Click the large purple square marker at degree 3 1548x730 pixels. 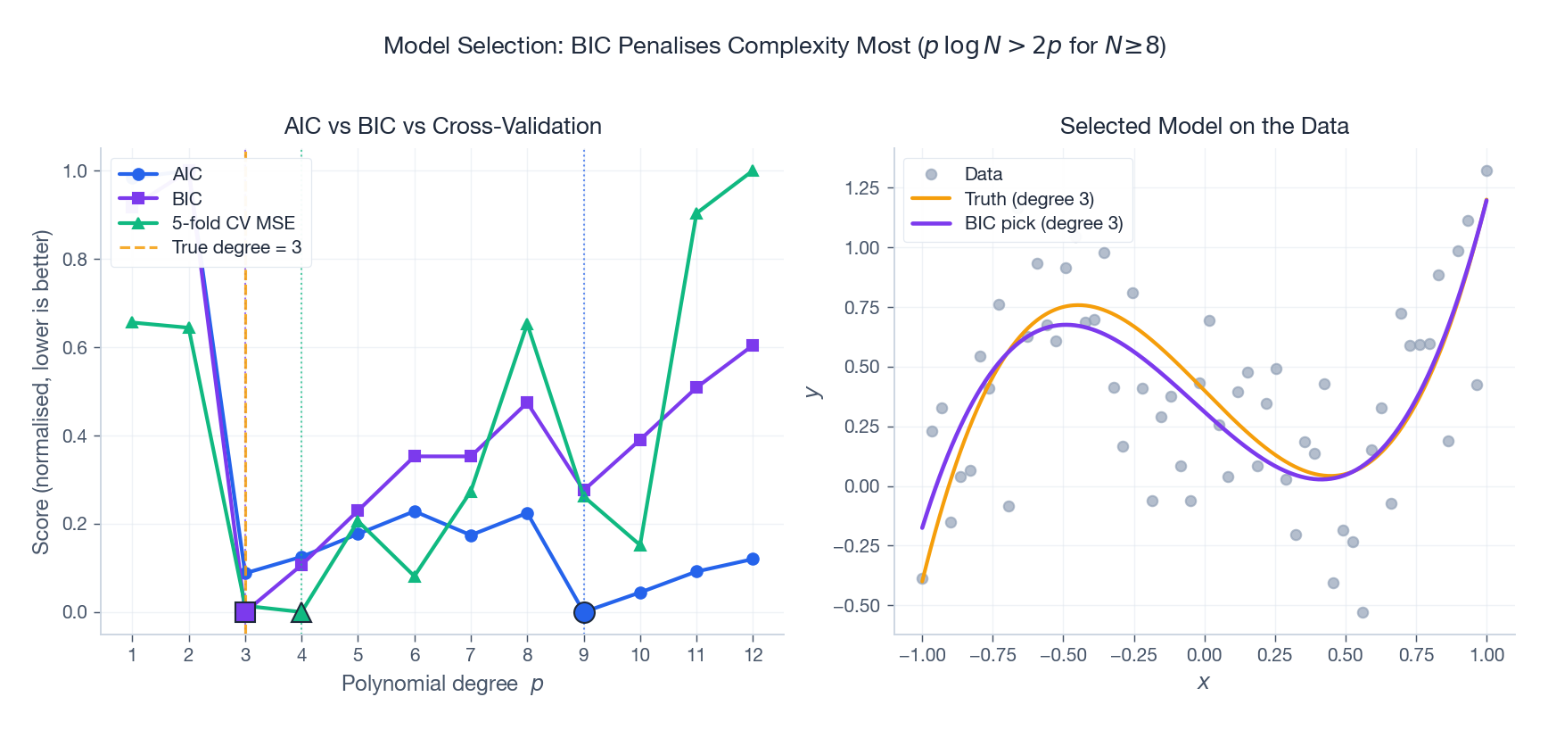click(245, 612)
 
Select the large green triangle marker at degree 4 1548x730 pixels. click(301, 612)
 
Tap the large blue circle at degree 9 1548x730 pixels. click(584, 612)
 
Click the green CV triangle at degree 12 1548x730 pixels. click(753, 170)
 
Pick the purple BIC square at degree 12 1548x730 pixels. click(753, 345)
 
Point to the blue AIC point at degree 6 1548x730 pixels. click(415, 511)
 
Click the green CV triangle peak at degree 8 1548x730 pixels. click(527, 325)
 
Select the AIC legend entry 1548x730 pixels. click(186, 174)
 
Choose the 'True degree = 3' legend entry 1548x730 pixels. click(235, 247)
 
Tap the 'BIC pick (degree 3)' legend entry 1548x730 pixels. click(1042, 223)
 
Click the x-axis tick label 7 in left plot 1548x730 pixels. click(471, 655)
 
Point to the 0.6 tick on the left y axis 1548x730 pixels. click(75, 348)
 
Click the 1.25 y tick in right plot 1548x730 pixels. click(861, 188)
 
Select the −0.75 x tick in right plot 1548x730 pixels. click(992, 655)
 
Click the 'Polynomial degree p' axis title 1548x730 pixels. click(442, 684)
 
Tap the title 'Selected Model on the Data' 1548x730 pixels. click(1204, 126)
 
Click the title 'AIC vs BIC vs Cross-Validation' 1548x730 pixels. click(442, 126)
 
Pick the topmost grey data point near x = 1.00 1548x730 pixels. click(1486, 170)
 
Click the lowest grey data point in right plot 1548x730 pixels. click(1363, 612)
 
